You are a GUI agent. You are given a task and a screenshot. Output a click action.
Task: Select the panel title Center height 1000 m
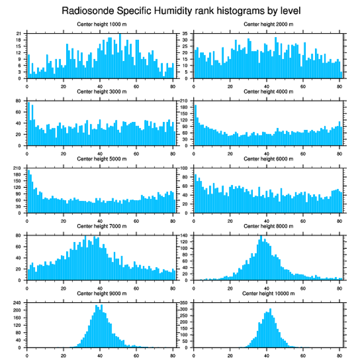[x=101, y=24]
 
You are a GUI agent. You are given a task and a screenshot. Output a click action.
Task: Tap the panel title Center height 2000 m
[x=268, y=24]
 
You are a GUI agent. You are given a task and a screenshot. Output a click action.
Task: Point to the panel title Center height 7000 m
[x=101, y=226]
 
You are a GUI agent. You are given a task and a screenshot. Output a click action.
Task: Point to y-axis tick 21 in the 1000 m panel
[x=19, y=34]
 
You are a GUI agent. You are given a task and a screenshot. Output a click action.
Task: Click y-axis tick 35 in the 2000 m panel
[x=185, y=34]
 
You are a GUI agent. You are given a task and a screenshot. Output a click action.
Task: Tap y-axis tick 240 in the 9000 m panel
[x=18, y=303]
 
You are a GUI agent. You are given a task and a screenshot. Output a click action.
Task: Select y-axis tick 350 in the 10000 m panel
[x=184, y=303]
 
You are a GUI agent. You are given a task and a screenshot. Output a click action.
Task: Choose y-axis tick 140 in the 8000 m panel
[x=184, y=235]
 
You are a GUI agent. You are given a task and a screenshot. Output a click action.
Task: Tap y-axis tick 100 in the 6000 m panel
[x=184, y=168]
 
